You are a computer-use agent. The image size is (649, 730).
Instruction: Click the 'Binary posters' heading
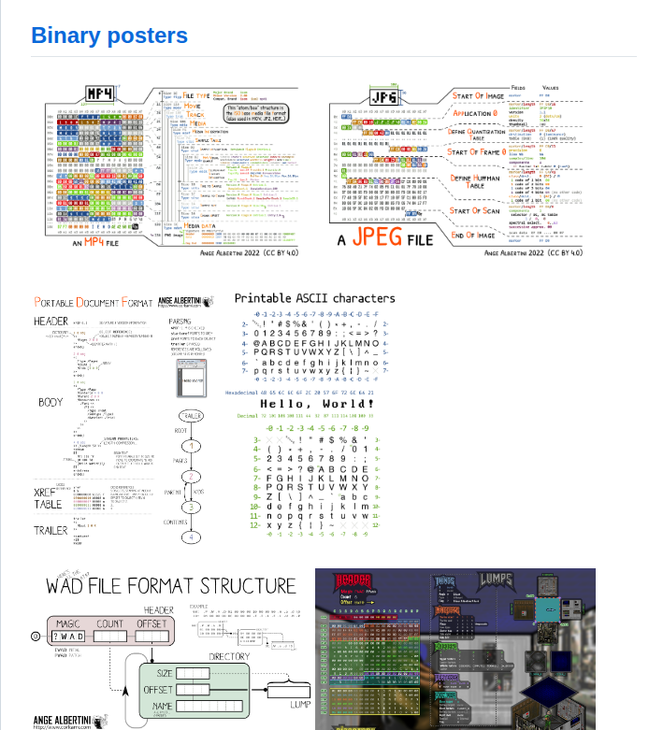click(x=109, y=36)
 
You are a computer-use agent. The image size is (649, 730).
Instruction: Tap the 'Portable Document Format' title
click(x=93, y=302)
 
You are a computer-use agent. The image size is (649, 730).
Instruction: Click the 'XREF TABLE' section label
click(x=49, y=497)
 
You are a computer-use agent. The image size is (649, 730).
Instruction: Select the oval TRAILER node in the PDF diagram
click(x=191, y=417)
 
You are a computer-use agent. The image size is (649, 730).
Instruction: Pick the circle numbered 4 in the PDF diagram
click(x=191, y=537)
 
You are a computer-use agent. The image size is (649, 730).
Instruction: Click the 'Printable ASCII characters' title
click(x=314, y=298)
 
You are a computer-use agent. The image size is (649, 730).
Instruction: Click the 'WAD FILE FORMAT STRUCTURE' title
click(x=171, y=586)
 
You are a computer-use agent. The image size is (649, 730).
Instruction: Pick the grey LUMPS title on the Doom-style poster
click(x=497, y=580)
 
